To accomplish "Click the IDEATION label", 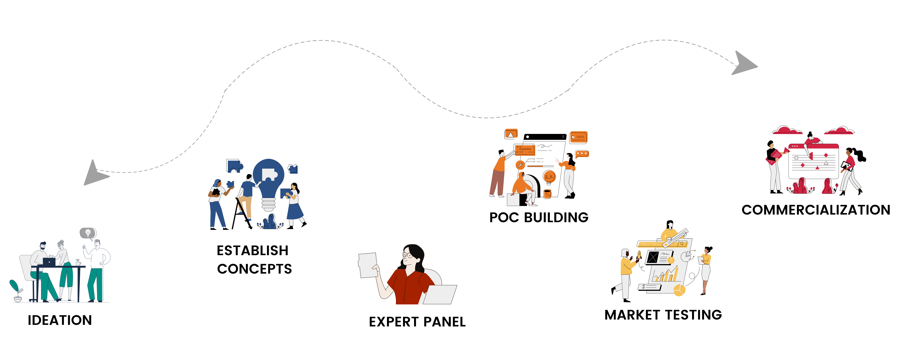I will tap(60, 320).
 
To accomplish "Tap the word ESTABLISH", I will tap(252, 251).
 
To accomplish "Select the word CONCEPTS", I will tap(254, 269).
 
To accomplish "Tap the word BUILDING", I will tap(556, 217).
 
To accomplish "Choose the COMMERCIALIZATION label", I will tap(816, 210).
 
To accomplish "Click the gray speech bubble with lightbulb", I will tap(88, 233).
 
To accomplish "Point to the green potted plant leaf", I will tap(14, 286).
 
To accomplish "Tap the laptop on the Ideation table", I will tap(49, 262).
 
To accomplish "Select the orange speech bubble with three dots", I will tap(582, 154).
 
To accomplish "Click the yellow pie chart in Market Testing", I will tap(679, 290).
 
